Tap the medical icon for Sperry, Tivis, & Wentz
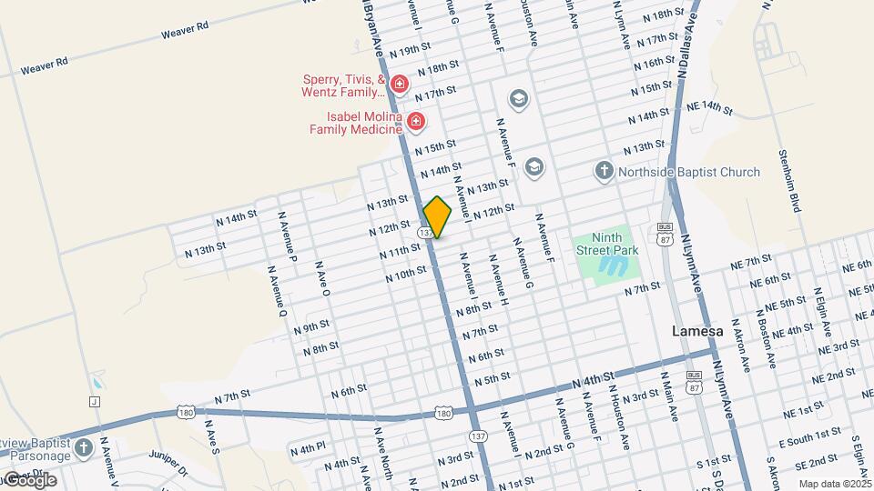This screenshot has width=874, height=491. [399, 85]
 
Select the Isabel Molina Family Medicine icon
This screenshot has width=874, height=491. [416, 121]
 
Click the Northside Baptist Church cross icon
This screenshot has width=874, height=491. [604, 171]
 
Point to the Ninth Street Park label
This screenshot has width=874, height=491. [606, 244]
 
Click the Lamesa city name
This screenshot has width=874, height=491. [697, 332]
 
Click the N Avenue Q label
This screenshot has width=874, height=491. [277, 291]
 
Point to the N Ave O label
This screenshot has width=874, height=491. [322, 279]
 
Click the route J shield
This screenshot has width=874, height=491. [94, 401]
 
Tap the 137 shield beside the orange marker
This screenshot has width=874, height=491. [425, 233]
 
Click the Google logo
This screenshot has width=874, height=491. [29, 480]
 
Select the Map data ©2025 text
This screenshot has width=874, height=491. [835, 484]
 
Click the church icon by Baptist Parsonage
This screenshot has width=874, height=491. [84, 447]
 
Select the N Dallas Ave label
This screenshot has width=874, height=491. [686, 55]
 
